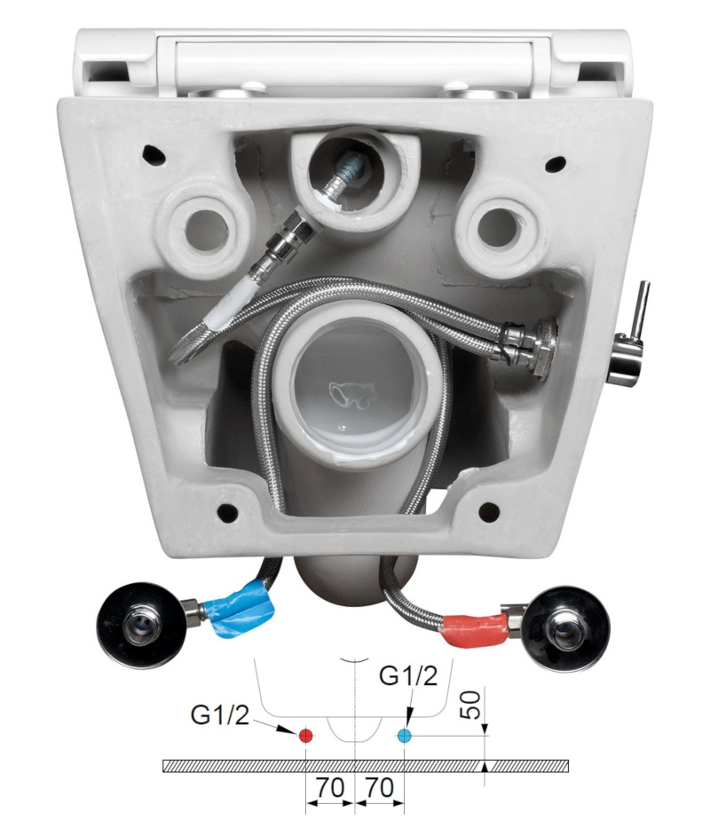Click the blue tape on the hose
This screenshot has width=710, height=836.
pyautogui.click(x=243, y=612)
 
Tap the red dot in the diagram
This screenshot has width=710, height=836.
pyautogui.click(x=305, y=737)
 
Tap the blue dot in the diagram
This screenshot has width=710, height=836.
pyautogui.click(x=405, y=737)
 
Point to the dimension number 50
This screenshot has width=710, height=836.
pyautogui.click(x=472, y=706)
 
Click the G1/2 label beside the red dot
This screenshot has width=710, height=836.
pyautogui.click(x=220, y=715)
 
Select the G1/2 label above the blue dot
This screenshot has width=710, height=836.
pyautogui.click(x=407, y=676)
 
